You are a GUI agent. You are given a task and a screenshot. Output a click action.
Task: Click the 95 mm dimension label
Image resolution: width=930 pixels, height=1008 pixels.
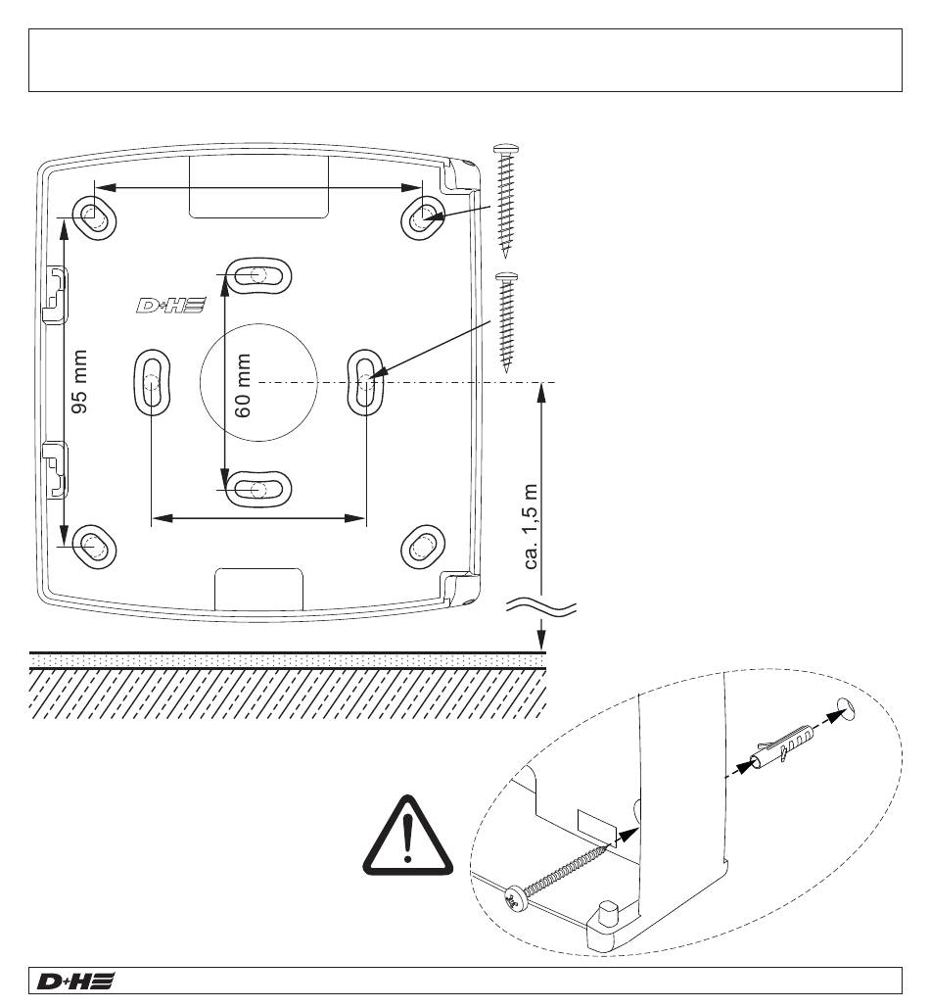point(79,382)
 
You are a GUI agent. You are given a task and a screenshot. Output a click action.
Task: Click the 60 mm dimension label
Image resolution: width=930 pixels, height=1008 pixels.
point(243,385)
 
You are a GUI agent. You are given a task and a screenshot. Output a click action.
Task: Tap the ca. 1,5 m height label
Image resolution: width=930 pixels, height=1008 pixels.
point(531,526)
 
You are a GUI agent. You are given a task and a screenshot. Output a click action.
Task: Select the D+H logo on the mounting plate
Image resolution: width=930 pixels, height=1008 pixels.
point(171,305)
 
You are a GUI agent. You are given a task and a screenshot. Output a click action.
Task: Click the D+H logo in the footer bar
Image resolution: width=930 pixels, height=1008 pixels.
point(75,981)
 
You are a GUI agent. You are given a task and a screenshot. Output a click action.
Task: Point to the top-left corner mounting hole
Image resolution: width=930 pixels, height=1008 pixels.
point(94,217)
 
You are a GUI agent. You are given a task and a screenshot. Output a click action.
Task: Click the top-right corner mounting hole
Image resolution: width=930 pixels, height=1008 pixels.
point(424,217)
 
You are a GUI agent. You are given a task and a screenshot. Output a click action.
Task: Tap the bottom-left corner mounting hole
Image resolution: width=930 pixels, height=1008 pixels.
point(94,547)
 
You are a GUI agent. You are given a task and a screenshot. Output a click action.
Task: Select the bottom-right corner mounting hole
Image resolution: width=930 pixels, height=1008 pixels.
point(423,547)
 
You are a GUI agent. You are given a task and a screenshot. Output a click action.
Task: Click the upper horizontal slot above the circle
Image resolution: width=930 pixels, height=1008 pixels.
point(258,276)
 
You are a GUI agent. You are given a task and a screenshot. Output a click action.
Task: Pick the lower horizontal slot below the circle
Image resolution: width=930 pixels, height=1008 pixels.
point(258,489)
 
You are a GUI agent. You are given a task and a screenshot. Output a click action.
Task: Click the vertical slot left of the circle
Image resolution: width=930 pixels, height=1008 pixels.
point(152,382)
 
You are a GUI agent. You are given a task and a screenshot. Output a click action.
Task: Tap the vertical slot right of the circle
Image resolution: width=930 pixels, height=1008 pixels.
point(365,382)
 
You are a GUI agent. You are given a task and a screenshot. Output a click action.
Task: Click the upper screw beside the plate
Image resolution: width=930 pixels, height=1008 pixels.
point(506,201)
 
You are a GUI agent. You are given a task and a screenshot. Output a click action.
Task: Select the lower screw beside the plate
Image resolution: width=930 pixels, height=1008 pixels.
point(507,322)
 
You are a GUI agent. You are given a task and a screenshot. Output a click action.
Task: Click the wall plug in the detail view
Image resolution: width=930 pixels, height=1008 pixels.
point(783,746)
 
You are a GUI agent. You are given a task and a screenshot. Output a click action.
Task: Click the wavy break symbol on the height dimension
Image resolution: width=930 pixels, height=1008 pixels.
point(540,607)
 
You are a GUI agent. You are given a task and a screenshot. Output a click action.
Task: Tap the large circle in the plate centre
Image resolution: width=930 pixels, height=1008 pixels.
point(258,382)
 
